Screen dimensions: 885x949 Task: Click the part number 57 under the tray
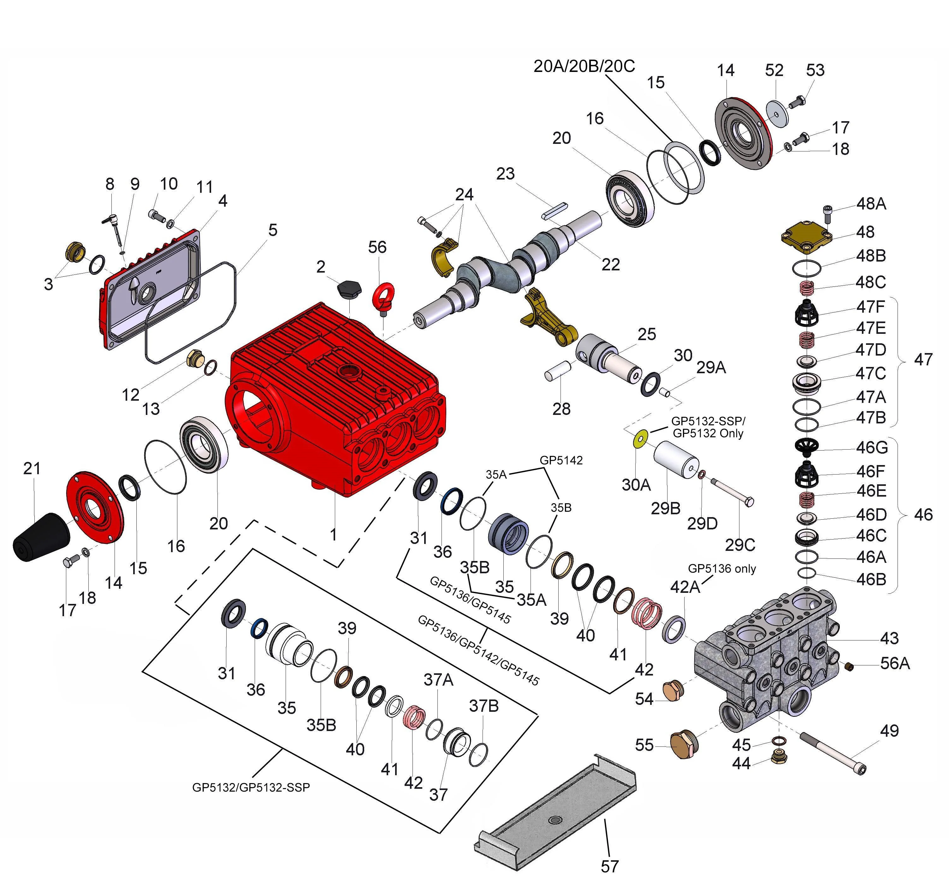[610, 866]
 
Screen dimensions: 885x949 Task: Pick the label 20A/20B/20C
[584, 66]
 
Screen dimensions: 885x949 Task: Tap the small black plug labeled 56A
[849, 666]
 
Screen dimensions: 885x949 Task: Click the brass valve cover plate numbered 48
[806, 236]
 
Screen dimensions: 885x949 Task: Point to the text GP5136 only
[721, 569]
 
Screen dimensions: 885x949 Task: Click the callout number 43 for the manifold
[889, 638]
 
